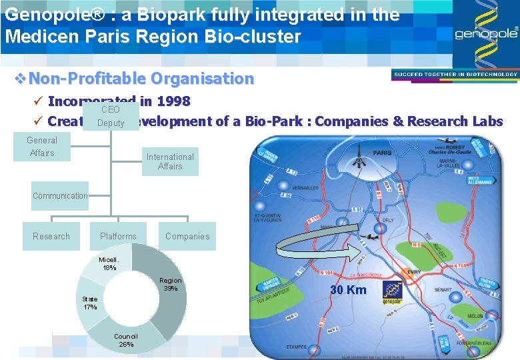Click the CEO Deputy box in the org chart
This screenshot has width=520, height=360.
(x=111, y=116)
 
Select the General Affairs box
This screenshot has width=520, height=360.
(x=41, y=147)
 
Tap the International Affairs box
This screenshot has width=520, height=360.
(x=170, y=161)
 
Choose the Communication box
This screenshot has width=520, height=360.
(x=60, y=195)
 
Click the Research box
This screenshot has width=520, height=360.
(x=51, y=236)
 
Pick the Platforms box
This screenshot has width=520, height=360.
(x=118, y=236)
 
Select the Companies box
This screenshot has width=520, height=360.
(x=187, y=236)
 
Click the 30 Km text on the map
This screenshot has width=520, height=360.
(x=347, y=290)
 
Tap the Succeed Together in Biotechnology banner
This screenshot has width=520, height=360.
(x=451, y=74)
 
